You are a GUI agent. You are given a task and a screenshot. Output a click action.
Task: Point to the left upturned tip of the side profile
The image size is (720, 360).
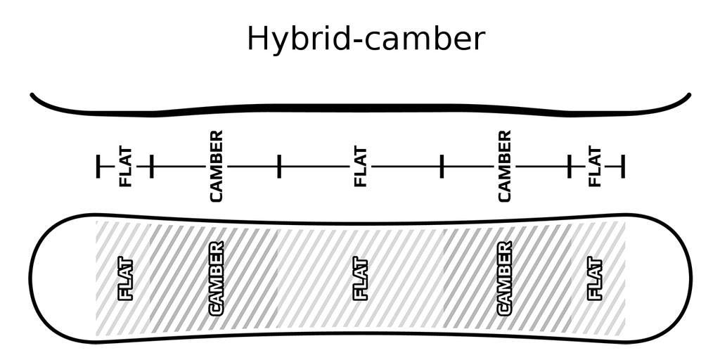point(32,95)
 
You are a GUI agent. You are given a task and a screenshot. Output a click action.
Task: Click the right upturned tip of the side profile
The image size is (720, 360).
point(688,95)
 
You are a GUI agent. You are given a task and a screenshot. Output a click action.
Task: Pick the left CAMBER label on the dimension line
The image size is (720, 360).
point(217,166)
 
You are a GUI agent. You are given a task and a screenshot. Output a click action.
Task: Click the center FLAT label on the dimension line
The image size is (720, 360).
point(361,167)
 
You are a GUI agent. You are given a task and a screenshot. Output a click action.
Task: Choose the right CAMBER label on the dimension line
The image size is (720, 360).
point(504,166)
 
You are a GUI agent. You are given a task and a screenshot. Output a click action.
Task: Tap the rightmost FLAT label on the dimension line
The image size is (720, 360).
point(595,167)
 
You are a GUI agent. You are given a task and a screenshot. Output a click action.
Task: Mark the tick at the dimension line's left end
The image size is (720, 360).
point(98,166)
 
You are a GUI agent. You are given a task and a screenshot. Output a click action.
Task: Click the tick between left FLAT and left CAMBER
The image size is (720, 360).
point(152,166)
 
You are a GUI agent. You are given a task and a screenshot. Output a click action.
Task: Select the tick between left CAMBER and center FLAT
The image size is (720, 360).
point(278,166)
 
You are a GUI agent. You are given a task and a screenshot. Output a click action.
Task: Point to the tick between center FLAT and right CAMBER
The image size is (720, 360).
point(442,166)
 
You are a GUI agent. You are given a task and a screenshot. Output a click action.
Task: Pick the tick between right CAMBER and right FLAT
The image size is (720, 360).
point(570,166)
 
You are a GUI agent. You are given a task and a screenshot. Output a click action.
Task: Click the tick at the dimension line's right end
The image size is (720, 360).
point(623,166)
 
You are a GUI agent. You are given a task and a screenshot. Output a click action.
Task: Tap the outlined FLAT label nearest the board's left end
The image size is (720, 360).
point(126,280)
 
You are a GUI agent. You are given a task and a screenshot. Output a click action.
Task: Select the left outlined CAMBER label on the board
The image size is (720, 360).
point(217,278)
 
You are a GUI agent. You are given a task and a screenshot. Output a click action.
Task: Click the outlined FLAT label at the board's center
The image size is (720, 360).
point(361,280)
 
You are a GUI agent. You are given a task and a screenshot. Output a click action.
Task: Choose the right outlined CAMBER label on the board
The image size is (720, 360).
point(504,278)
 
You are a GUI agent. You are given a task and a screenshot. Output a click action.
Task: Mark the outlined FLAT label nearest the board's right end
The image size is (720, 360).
point(595,280)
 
